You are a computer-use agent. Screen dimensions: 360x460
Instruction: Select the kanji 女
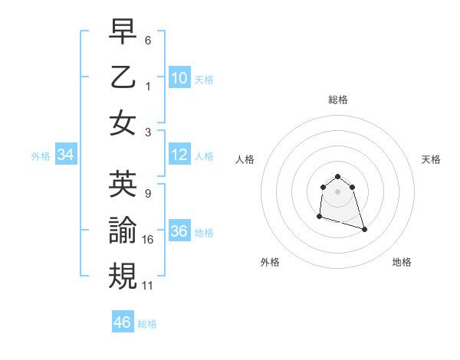123,123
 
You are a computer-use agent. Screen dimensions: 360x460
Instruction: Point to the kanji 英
123,185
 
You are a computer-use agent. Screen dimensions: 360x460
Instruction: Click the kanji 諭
123,231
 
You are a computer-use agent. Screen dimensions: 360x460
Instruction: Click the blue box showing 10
179,77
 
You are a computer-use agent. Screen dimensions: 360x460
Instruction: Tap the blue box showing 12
179,155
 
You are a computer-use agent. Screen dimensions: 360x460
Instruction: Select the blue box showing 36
179,231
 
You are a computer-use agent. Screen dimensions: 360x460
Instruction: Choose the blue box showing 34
65,155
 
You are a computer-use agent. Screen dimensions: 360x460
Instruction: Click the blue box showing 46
122,322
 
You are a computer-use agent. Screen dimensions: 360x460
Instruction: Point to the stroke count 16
148,240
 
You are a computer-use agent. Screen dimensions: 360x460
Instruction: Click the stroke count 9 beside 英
147,194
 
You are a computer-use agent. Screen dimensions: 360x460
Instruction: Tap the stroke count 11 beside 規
148,286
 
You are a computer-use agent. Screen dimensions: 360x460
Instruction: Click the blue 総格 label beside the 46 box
147,324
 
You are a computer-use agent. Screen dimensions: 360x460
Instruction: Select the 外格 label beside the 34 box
41,156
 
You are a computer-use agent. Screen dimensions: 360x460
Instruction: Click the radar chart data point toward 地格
364,229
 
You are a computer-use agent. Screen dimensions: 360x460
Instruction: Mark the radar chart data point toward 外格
319,218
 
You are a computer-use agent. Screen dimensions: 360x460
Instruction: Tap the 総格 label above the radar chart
337,100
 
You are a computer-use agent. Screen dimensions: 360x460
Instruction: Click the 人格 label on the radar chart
245,159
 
